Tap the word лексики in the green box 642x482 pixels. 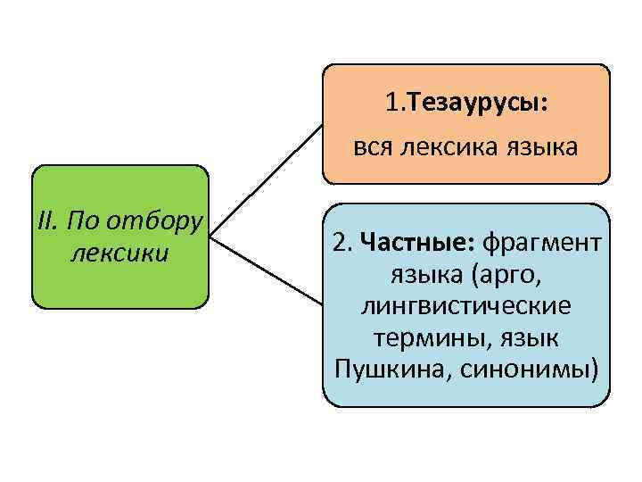tap(119, 252)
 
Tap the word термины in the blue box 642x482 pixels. tap(416, 337)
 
